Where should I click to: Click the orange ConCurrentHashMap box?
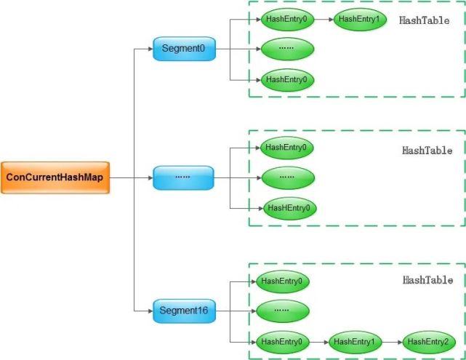click(55, 177)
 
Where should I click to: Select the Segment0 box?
click(184, 49)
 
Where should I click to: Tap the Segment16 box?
click(184, 311)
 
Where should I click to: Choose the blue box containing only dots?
click(184, 177)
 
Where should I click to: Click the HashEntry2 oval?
click(429, 341)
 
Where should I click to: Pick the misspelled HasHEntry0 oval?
click(289, 208)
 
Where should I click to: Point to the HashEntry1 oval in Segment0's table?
click(359, 19)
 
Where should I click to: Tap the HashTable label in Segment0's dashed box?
click(425, 20)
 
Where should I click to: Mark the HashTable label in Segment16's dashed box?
click(427, 280)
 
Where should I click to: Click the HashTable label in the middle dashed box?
click(427, 151)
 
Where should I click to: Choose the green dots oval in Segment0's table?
click(287, 49)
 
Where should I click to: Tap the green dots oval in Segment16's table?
click(282, 311)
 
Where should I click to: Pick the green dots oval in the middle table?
click(287, 177)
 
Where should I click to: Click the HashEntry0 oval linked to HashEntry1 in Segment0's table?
click(287, 19)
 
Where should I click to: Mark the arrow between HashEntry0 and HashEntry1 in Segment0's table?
click(324, 19)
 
